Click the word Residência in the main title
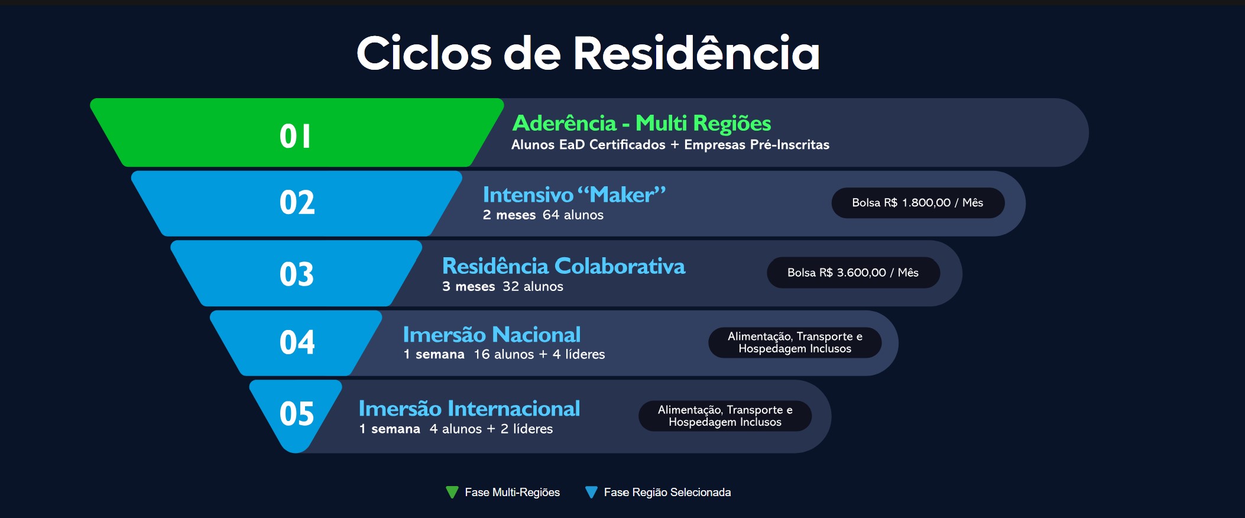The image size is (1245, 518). [x=696, y=53]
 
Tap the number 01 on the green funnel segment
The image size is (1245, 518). [x=295, y=136]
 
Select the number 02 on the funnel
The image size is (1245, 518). [x=297, y=202]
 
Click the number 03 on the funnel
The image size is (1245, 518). [x=297, y=274]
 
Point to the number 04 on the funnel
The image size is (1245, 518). [x=297, y=342]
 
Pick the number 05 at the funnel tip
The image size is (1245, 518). [x=297, y=413]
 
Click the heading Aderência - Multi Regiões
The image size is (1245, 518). [x=641, y=124]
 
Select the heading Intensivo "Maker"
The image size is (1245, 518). [x=574, y=195]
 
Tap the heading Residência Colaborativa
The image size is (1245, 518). [x=563, y=266]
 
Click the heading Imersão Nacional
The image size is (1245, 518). [x=492, y=335]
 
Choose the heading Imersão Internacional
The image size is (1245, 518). [x=469, y=409]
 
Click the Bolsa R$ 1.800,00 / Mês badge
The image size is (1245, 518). [x=917, y=203]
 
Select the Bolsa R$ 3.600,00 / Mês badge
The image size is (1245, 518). [x=853, y=273]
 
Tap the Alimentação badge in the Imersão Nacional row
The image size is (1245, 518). [x=795, y=342]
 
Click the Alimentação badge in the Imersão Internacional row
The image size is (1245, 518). [x=725, y=416]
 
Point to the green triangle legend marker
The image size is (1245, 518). [x=452, y=492]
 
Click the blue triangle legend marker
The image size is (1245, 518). [x=591, y=492]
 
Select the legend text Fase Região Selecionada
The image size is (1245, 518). [x=667, y=492]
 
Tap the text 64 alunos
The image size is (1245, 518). [x=573, y=215]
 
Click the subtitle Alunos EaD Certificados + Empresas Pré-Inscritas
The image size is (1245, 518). [x=670, y=145]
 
